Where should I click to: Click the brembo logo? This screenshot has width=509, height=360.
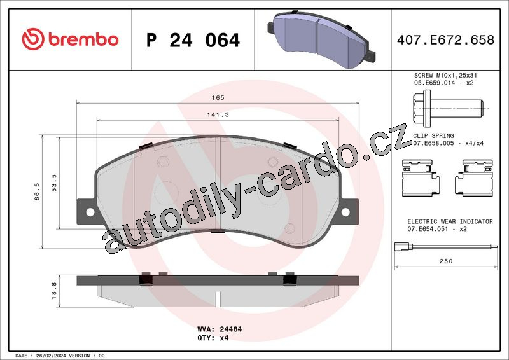pyautogui.click(x=70, y=39)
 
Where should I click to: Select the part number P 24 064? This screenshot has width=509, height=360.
pyautogui.click(x=193, y=40)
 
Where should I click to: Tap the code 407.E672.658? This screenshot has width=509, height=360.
pyautogui.click(x=446, y=40)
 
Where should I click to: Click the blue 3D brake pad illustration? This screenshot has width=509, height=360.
pyautogui.click(x=321, y=39)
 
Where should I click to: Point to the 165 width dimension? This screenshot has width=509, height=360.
pyautogui.click(x=218, y=98)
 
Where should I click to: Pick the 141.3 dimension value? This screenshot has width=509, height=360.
pyautogui.click(x=218, y=114)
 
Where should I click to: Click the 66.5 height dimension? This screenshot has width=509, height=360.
pyautogui.click(x=37, y=191)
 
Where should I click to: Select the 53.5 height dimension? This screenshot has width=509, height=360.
pyautogui.click(x=54, y=183)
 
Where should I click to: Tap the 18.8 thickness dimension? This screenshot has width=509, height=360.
pyautogui.click(x=54, y=291)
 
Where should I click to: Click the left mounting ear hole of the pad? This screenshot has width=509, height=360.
pyautogui.click(x=90, y=212)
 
